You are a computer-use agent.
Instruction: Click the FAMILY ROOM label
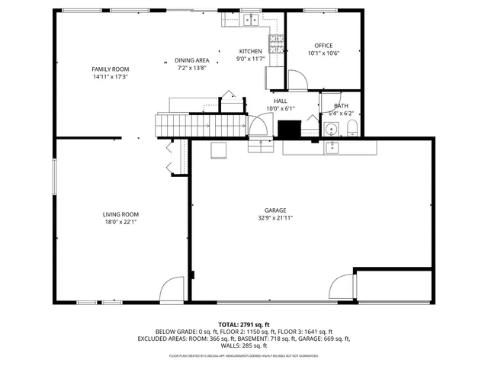tap(111, 69)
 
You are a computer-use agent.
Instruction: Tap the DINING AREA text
tap(192, 60)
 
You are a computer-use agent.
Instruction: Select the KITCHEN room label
tap(251, 51)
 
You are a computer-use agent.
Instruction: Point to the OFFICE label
tap(323, 46)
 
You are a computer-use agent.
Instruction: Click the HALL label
tap(281, 101)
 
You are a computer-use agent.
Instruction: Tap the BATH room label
tap(341, 106)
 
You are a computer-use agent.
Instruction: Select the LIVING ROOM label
tap(121, 214)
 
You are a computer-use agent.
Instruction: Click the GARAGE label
tap(275, 210)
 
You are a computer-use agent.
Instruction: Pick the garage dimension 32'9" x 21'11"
tap(275, 218)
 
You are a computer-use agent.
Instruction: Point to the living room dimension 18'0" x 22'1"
tap(121, 223)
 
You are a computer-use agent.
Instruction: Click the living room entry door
tap(172, 290)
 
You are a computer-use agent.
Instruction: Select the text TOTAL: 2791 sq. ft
tap(243, 325)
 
